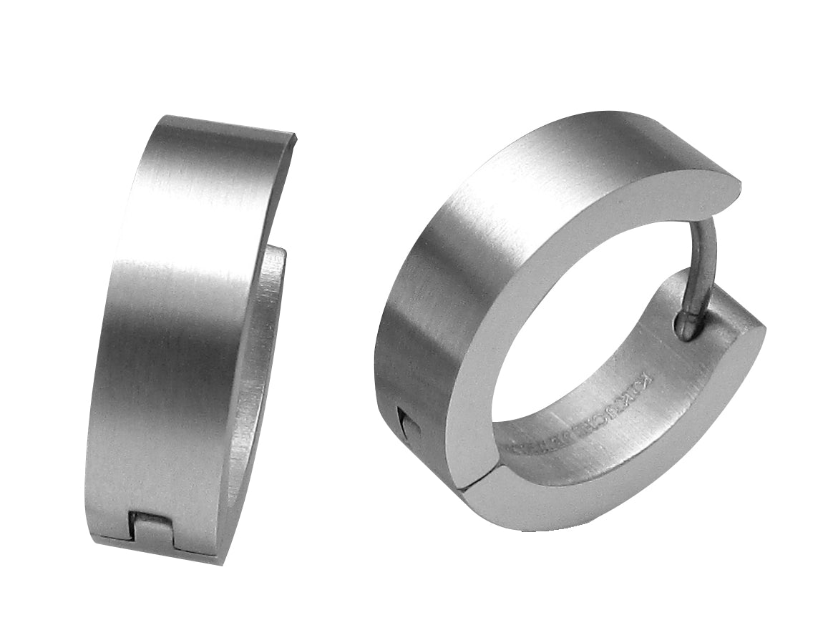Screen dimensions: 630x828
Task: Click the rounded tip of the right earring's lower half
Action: tap(762, 336)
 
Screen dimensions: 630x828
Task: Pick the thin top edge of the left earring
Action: tap(229, 124)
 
